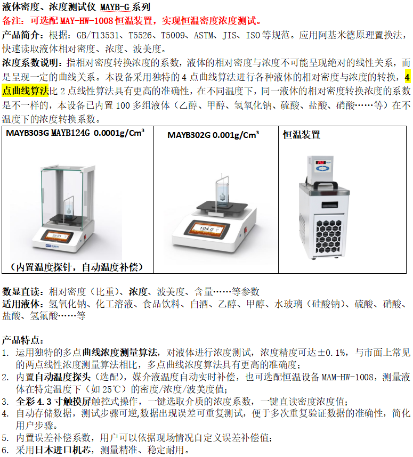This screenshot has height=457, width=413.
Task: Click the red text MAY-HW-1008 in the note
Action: (x=86, y=21)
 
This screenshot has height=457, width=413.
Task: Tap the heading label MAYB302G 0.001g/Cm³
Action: (x=213, y=135)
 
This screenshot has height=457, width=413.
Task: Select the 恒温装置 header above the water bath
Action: (x=302, y=135)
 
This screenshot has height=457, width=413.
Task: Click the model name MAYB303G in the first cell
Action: (x=28, y=133)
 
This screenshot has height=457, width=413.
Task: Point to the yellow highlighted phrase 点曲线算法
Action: (x=26, y=91)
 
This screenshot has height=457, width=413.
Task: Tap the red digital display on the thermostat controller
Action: (x=321, y=162)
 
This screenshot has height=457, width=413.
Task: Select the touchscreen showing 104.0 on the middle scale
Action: (x=206, y=228)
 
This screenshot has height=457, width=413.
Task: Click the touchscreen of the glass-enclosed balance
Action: (x=58, y=235)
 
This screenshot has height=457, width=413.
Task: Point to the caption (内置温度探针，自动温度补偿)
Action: (x=77, y=267)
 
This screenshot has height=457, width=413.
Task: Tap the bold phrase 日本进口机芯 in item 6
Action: (x=63, y=450)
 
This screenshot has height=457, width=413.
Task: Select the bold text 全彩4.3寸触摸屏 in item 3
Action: (x=53, y=401)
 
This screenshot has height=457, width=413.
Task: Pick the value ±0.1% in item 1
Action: (x=332, y=353)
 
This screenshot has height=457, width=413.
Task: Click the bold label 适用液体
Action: (x=21, y=304)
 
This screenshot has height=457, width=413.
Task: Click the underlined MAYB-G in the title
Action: (x=115, y=7)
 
